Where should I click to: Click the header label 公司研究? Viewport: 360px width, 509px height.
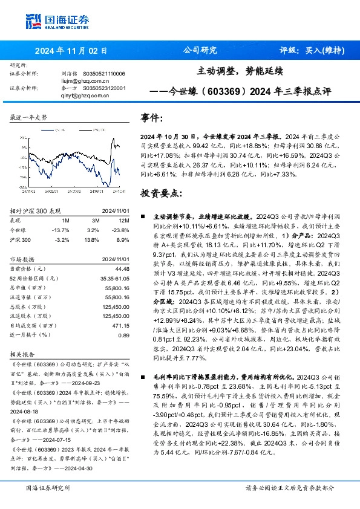(x=199, y=51)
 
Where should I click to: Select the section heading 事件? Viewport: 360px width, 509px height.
(x=151, y=118)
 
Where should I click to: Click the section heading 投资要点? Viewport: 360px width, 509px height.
(x=161, y=193)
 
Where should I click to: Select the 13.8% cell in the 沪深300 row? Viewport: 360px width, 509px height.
(x=93, y=240)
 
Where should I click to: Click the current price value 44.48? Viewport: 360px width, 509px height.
(x=122, y=268)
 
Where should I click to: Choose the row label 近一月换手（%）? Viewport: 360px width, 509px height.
(x=28, y=335)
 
